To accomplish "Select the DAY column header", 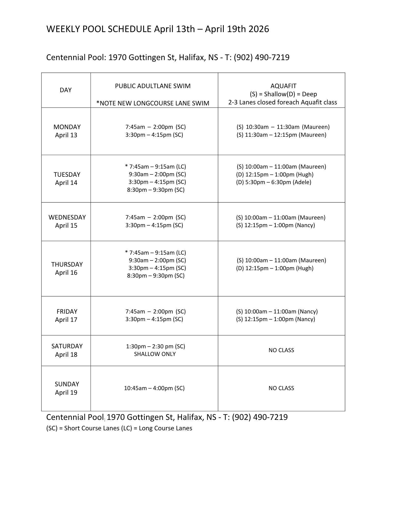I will tap(66, 90).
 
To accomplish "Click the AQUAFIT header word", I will tap(283, 86).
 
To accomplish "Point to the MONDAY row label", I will tap(67, 127).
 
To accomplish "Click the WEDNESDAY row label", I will tap(67, 217).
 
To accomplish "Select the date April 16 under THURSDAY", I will tap(66, 272).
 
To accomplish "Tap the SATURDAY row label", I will tap(67, 346).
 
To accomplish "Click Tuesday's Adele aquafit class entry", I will tap(274, 182).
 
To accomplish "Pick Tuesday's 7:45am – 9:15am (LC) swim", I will tap(156, 167).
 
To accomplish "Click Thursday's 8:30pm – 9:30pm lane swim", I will tap(156, 276).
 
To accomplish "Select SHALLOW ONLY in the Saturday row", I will tap(155, 354).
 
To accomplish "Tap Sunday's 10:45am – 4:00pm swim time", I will tap(154, 388).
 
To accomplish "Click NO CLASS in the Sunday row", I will tap(281, 388).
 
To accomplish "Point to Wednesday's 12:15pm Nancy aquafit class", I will tap(275, 225).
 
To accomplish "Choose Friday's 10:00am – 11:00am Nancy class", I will tap(277, 311).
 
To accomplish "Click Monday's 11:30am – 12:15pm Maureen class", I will tap(281, 135).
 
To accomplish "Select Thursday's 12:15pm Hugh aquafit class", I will tap(275, 268).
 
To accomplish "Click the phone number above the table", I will tap(261, 58).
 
